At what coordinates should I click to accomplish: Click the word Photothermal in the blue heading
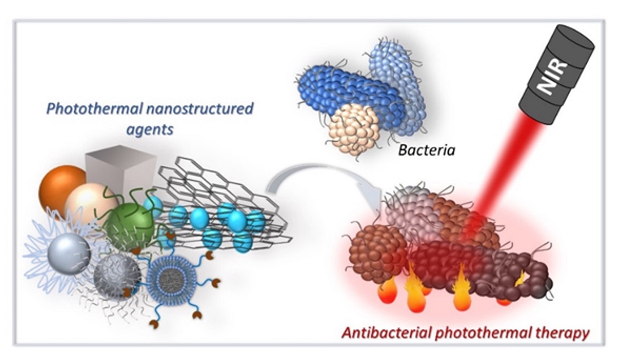coord(94,110)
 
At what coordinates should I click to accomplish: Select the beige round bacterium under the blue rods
coord(353,128)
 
